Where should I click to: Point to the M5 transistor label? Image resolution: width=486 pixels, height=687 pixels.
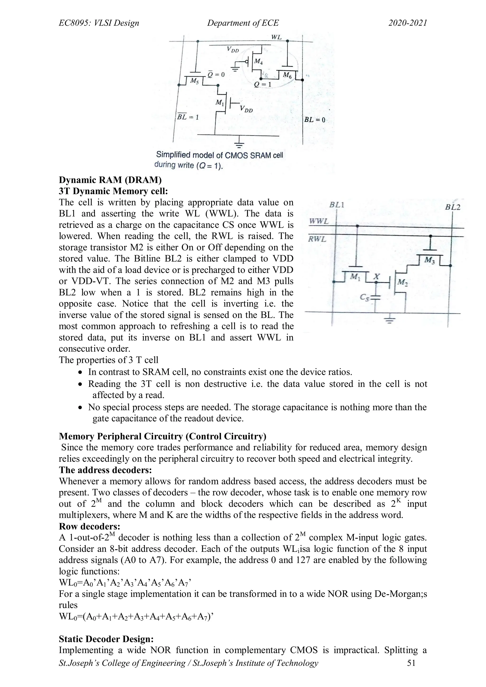click(195, 81)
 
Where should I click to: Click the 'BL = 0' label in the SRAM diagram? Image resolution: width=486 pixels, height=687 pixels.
click(314, 120)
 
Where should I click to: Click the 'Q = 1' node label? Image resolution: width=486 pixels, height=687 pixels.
click(262, 85)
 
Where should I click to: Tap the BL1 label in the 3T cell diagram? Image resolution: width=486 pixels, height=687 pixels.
click(337, 205)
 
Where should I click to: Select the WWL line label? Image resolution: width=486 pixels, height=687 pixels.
click(319, 221)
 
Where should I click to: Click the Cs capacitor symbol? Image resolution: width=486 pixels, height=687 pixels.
click(376, 297)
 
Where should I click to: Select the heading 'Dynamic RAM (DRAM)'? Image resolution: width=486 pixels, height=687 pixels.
click(110, 180)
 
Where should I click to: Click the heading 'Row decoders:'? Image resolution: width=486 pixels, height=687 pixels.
click(89, 526)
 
